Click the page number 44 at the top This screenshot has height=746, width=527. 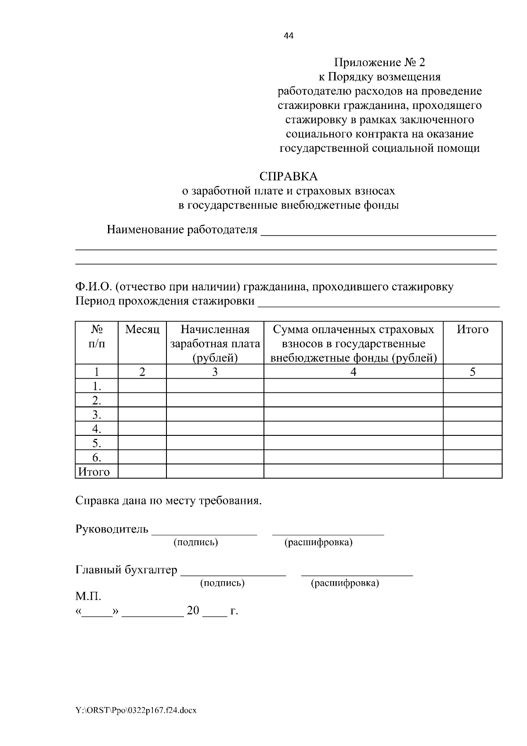(289, 36)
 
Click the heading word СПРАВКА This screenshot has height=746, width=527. (288, 177)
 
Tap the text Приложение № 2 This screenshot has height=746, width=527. (379, 63)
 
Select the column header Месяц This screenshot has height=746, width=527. (142, 330)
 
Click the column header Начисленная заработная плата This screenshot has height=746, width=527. (215, 343)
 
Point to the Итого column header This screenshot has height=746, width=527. (473, 330)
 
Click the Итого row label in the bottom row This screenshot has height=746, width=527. (94, 472)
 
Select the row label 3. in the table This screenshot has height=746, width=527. (97, 415)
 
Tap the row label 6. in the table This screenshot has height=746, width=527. (97, 458)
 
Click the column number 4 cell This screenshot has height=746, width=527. (353, 372)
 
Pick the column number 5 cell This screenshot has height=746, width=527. (473, 372)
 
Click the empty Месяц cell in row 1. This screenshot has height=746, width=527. (142, 386)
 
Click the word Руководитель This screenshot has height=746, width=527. (112, 529)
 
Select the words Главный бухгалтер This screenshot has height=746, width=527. (126, 570)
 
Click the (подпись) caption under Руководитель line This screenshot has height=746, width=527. (196, 542)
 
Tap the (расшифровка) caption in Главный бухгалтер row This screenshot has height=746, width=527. (345, 583)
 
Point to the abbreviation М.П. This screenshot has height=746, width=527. (88, 597)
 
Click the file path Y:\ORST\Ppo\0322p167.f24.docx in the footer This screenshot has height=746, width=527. (136, 710)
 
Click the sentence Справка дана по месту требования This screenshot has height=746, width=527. (169, 501)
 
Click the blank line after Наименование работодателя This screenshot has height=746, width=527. (379, 233)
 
